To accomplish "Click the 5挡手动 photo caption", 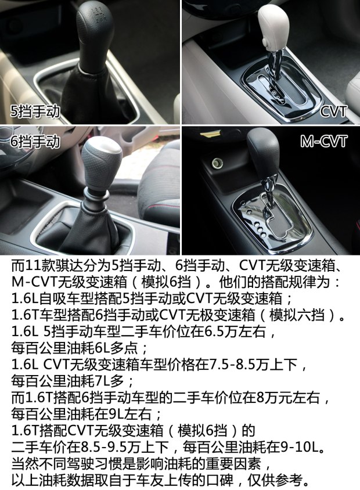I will coord(35,111).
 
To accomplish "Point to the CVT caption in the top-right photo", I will coord(333,111).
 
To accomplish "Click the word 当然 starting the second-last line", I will coord(24,466).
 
